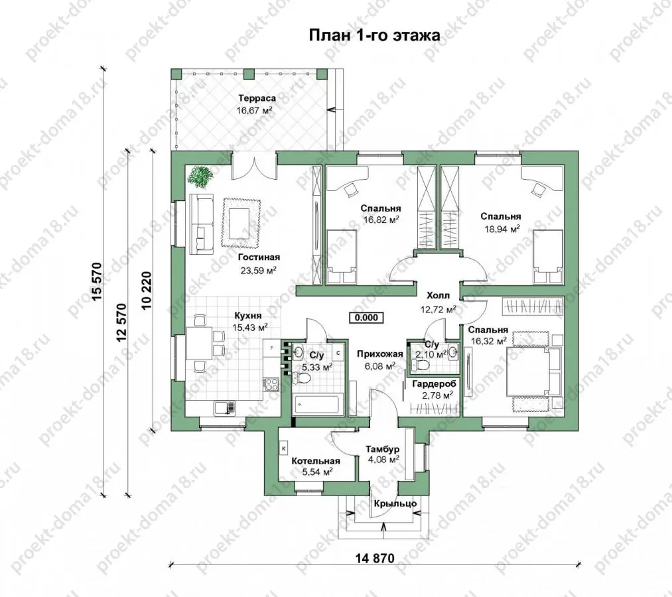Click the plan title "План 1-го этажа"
click(374, 35)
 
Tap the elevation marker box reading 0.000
click(366, 317)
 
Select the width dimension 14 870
click(375, 558)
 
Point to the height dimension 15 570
click(98, 281)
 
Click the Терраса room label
click(257, 98)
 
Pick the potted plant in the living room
click(200, 176)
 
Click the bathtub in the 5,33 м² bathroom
click(318, 405)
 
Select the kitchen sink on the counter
click(225, 407)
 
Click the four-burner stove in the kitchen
click(271, 384)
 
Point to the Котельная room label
click(316, 461)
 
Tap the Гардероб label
click(435, 384)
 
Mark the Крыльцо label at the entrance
click(395, 503)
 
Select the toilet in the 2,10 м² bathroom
click(421, 365)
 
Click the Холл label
click(438, 296)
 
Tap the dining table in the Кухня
click(199, 344)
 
